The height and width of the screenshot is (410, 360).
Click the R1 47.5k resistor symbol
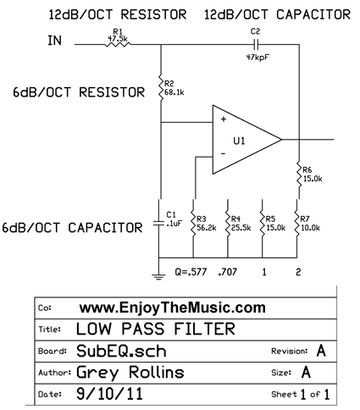coord(118,44)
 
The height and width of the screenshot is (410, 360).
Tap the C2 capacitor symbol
coord(256,44)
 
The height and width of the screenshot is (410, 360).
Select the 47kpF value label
coord(258,58)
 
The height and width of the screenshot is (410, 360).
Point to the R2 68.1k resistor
coord(161,87)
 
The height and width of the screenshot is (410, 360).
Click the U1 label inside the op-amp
coord(239,141)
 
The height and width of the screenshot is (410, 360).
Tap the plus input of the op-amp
coord(224,119)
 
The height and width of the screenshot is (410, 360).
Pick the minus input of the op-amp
coord(223,153)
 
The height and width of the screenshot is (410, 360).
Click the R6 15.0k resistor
coord(299,174)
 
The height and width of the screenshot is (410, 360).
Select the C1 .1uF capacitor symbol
coord(159,223)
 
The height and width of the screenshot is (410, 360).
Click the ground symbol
coord(158,276)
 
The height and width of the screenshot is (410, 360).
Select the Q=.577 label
coord(191,272)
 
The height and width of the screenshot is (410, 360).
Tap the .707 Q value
coord(228,272)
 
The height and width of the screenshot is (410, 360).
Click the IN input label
coord(54,41)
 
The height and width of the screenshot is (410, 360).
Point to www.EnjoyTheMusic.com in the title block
coord(173,307)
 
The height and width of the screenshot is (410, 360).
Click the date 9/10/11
coord(109,394)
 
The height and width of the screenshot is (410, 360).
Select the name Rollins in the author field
coord(157,372)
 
